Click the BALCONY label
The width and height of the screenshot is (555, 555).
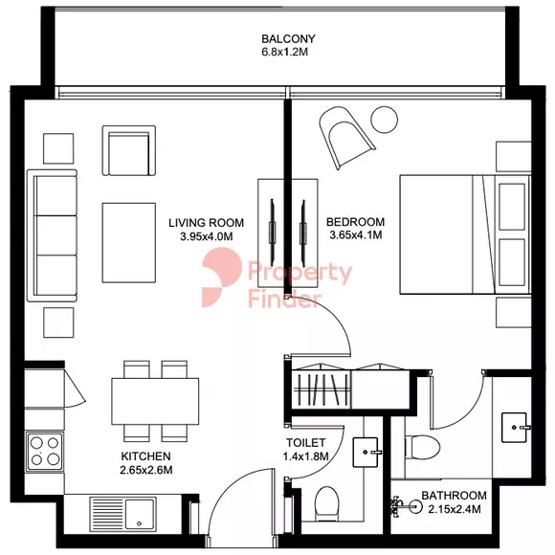point(288,38)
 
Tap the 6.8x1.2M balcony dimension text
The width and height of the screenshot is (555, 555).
point(284,52)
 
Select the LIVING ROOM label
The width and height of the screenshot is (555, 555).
point(206,223)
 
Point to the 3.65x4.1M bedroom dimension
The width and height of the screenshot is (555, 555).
point(356,235)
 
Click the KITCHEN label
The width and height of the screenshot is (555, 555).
point(145,456)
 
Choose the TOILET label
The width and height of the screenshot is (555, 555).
point(306,443)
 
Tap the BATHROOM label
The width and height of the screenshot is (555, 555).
point(455,495)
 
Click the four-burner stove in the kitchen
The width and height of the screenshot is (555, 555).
point(45,452)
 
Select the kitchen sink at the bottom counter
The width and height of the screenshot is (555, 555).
point(122,514)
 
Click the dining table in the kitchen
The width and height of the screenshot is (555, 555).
point(155,401)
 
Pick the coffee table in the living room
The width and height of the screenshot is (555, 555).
point(129,243)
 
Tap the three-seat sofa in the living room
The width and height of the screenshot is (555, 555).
point(53,235)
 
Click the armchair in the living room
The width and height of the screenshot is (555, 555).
point(129,150)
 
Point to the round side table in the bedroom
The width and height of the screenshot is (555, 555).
point(385,120)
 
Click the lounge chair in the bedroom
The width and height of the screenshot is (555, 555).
point(345,137)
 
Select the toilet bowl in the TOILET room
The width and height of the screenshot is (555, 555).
point(326,504)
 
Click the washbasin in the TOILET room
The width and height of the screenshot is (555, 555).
point(367,452)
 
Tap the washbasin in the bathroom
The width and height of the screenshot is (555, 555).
point(516,427)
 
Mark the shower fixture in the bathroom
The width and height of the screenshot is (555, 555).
point(407,507)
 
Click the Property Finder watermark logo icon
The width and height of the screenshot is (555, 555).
point(222,277)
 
